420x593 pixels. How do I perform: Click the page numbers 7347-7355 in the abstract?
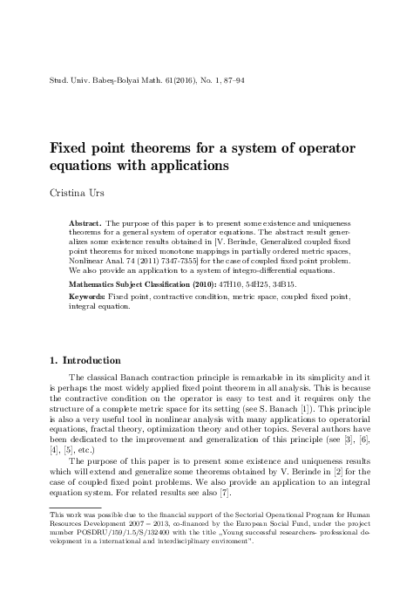pyautogui.click(x=193, y=259)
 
